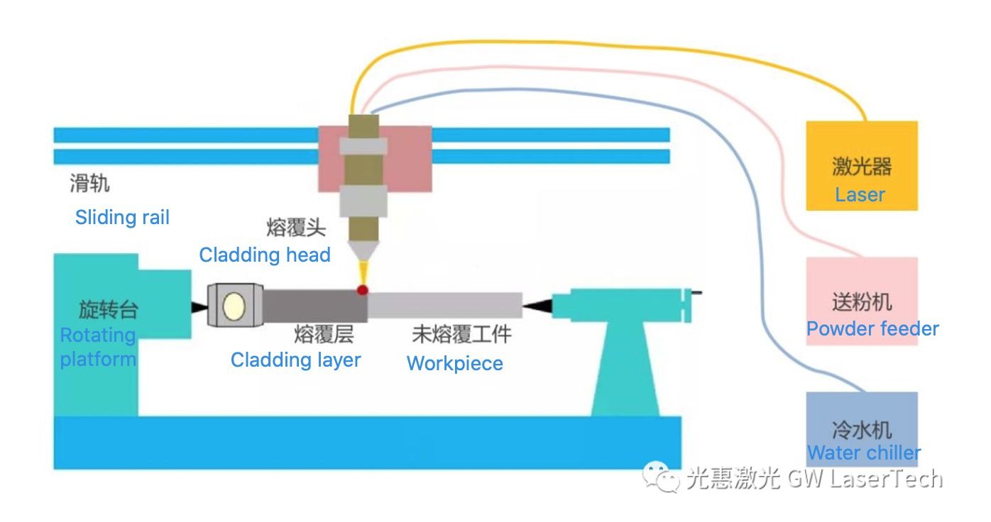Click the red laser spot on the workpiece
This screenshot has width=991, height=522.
point(362,290)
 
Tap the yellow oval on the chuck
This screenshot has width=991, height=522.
point(234,306)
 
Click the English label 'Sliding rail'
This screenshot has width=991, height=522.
point(122,217)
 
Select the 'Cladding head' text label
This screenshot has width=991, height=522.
point(265,255)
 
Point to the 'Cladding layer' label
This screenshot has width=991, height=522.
point(295,360)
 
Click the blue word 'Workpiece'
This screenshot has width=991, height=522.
point(455,363)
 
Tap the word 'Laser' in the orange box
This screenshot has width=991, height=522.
point(860,194)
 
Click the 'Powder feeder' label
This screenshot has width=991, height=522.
point(872,329)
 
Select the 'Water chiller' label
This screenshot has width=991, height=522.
point(864,452)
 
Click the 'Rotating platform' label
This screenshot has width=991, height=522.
point(98,347)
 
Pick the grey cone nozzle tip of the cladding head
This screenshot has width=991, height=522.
point(363,251)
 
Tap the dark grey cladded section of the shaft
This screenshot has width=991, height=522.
point(315,306)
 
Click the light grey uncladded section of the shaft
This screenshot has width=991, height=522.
point(444,305)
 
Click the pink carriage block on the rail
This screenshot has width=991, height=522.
point(375,159)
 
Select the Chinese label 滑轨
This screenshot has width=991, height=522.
point(89,183)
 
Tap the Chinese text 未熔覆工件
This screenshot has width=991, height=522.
point(462,334)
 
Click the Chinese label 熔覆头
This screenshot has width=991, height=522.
point(296,228)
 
